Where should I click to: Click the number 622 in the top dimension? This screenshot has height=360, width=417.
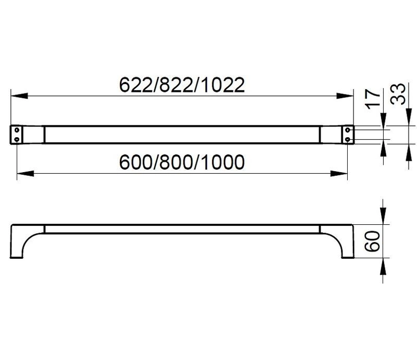[x=134, y=85]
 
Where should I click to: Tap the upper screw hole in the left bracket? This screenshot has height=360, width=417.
[x=18, y=129]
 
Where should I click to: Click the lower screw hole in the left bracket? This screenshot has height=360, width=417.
[x=18, y=138]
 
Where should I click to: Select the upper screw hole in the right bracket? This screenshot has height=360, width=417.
[x=348, y=129]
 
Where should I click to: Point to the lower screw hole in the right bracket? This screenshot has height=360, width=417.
[x=348, y=138]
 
